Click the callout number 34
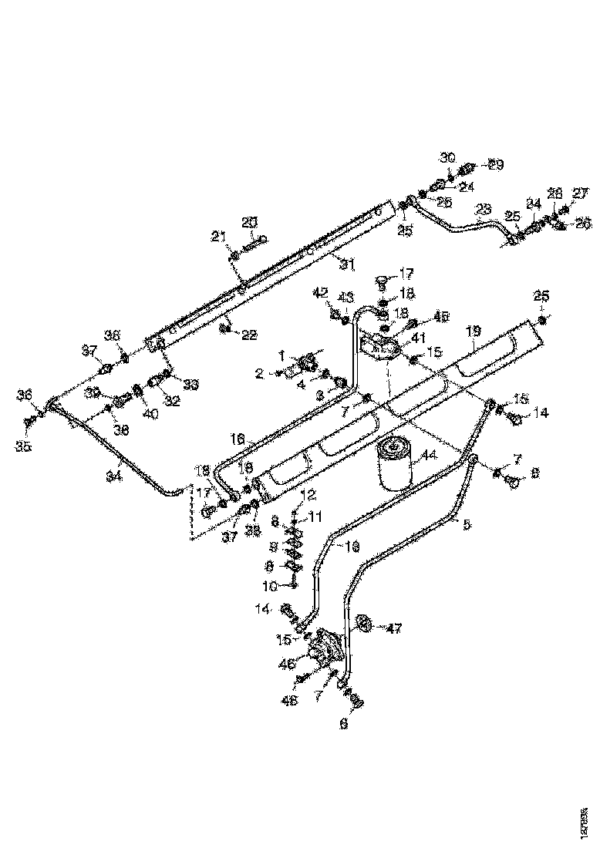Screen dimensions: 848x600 coord(114,477)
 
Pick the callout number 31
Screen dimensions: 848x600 coord(348,264)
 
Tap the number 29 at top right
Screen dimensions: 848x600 coord(495,165)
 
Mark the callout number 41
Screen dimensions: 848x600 coord(418,337)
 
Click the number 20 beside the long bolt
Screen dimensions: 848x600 coord(249,222)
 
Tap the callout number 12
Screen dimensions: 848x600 coord(308,493)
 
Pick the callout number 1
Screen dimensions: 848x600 coord(282,355)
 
